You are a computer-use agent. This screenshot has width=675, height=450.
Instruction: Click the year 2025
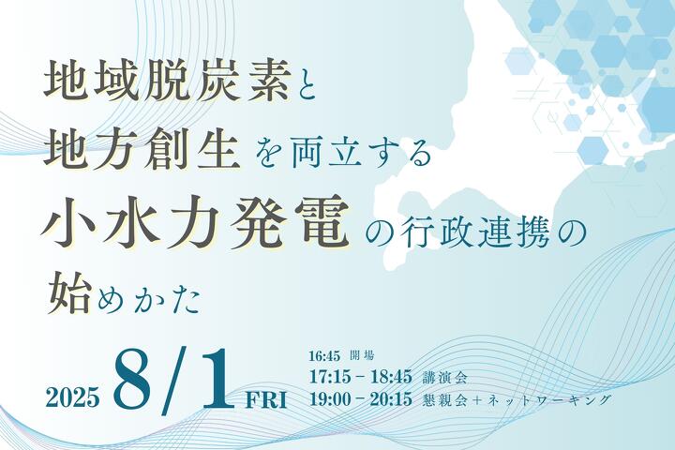tap(73, 397)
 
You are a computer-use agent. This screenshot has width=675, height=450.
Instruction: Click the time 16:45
tap(325, 356)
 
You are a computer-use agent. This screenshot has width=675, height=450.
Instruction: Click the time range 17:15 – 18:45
tap(361, 377)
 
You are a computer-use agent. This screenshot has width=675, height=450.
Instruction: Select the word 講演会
tap(444, 378)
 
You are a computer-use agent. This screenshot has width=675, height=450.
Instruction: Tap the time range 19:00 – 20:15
tap(361, 399)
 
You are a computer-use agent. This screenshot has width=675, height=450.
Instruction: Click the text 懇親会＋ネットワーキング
tap(517, 399)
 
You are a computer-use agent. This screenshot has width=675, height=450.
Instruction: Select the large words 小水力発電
tap(195, 221)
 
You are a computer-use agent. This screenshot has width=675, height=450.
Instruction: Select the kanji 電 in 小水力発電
tap(320, 221)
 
